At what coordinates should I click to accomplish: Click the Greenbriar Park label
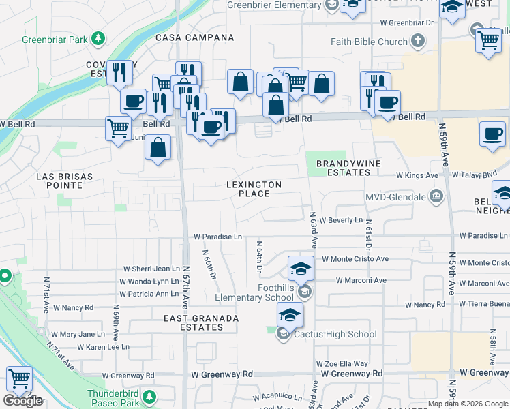[55, 40]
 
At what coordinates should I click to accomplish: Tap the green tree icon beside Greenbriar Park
[99, 38]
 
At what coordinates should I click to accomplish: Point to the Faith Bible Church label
[368, 42]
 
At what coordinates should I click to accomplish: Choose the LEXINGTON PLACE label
[254, 189]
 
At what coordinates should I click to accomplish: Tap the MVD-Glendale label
[395, 198]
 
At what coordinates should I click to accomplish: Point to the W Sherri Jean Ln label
[151, 269]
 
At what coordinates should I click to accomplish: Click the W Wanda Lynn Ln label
[149, 282]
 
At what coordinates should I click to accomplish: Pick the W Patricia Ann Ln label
[149, 294]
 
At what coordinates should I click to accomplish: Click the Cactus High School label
[335, 334]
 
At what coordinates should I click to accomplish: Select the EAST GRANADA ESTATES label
[201, 322]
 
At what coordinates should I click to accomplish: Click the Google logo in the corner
[22, 401]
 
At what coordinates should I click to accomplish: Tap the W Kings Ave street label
[417, 175]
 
